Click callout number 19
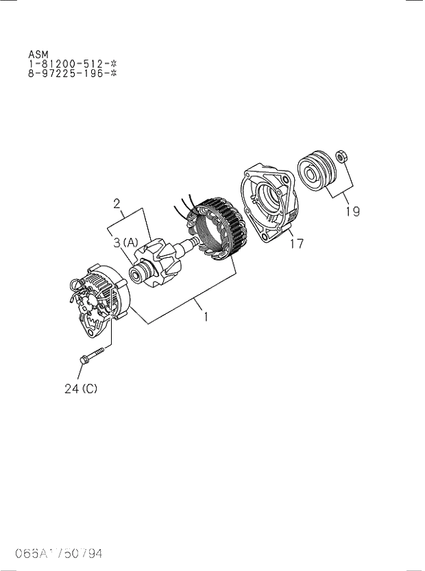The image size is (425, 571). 352,212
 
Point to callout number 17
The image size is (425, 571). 295,243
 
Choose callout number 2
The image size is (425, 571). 117,203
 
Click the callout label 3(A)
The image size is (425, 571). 125,241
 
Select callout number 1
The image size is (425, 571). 204,317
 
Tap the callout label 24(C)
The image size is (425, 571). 81,389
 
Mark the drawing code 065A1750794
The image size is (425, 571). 52,554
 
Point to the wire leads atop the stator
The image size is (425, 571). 184,204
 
